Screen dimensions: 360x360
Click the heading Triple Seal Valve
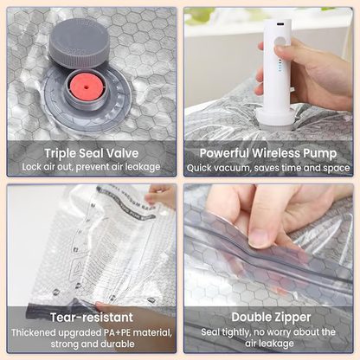coord(91,152)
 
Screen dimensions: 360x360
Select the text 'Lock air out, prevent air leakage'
coord(91,167)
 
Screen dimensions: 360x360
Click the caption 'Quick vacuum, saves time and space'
coord(268,167)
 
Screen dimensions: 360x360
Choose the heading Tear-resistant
coord(91,316)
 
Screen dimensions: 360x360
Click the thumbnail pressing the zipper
coord(260,236)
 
